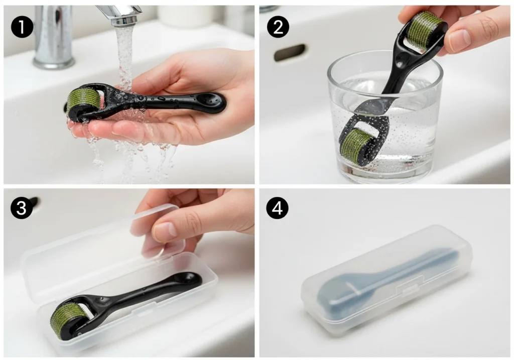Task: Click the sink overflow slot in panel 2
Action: click(290, 52)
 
